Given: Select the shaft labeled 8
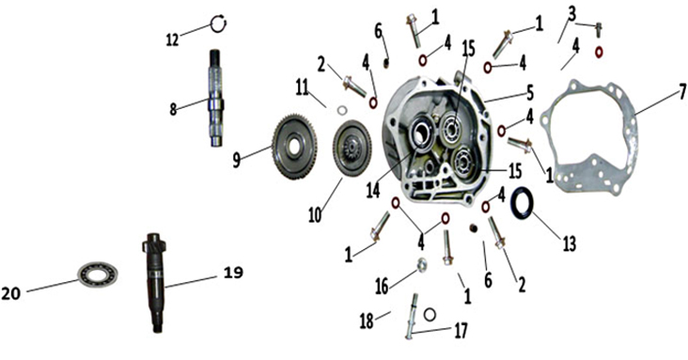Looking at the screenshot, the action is (216, 98).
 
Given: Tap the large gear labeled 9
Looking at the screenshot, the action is (295, 147).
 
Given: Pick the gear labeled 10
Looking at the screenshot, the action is (352, 148).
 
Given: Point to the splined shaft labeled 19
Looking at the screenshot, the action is (156, 282).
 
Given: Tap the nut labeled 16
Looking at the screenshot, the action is (422, 265).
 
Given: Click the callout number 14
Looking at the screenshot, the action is (373, 191).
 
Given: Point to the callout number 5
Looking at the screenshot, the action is (530, 93).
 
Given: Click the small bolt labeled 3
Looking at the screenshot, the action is (598, 29).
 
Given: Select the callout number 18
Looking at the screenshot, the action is (367, 321).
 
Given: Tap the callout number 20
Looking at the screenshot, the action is (10, 293).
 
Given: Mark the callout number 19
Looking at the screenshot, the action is (233, 273).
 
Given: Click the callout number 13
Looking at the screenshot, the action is (569, 243).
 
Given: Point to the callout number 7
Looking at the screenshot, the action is (682, 92).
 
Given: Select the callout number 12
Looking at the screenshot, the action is (172, 39).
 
